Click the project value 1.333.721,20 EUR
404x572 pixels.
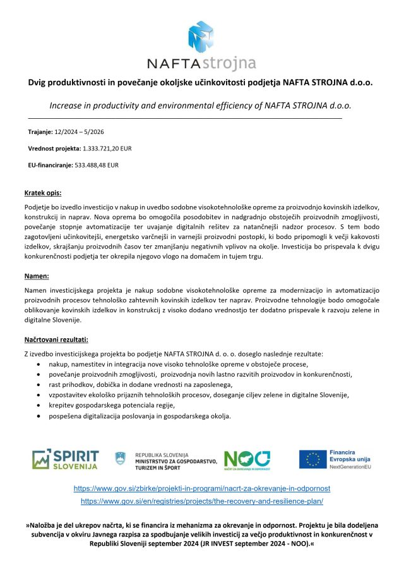(107, 148)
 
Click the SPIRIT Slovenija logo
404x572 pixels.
(66, 459)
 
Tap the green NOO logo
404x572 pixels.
(247, 459)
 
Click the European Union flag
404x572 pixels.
(312, 459)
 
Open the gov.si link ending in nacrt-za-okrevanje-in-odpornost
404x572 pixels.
(202, 489)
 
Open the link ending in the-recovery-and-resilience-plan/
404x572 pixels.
(202, 501)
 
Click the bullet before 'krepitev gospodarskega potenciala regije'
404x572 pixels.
(41, 405)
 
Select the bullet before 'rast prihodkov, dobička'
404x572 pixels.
(41, 384)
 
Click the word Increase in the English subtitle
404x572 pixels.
(68, 106)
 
